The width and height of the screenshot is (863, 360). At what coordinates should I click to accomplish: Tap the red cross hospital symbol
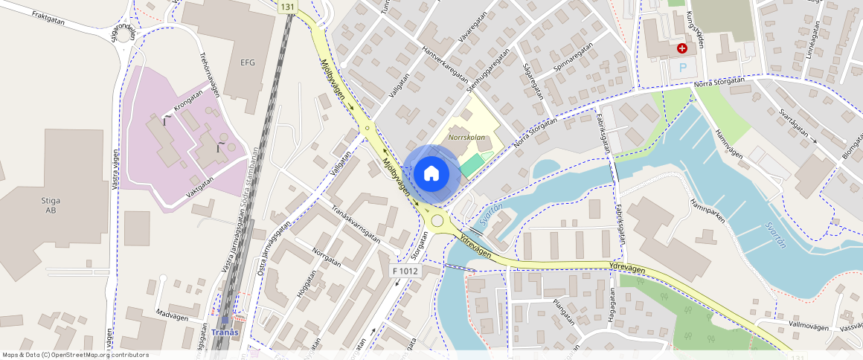tap(681, 48)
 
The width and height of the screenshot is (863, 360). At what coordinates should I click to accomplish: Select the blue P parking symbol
tap(682, 68)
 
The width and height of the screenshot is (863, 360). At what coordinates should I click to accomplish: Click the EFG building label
tap(247, 62)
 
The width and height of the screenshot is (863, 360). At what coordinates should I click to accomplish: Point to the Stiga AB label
tap(51, 205)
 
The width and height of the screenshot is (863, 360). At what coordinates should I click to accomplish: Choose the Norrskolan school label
tap(467, 138)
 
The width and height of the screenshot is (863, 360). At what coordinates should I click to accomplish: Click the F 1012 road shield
tap(405, 271)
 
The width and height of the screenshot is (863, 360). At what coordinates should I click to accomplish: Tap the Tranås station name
tap(225, 332)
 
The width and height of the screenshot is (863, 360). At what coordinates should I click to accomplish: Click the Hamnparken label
tap(707, 213)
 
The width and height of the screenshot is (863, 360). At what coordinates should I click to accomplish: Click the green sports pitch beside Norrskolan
tap(472, 164)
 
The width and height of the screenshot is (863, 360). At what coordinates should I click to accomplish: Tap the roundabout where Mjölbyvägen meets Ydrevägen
tap(437, 219)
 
